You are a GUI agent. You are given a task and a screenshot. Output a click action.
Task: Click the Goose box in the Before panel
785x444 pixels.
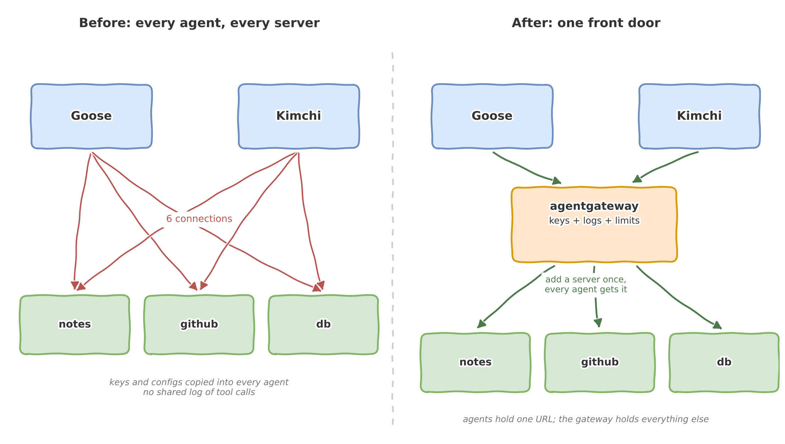(x=92, y=116)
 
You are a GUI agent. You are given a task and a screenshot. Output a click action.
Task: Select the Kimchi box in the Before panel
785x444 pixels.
(x=299, y=116)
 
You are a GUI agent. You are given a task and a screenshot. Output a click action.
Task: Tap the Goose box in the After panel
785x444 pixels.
(x=493, y=116)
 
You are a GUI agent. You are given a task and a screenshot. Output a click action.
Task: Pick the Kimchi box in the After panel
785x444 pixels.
(x=700, y=116)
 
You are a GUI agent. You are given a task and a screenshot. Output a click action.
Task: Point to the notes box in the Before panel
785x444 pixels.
(x=75, y=325)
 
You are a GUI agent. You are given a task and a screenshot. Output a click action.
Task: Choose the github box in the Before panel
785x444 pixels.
(x=199, y=325)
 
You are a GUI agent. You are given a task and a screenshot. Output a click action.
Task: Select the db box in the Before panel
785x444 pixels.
(x=323, y=325)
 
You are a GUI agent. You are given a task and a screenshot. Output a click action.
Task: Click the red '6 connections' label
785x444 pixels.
(x=199, y=219)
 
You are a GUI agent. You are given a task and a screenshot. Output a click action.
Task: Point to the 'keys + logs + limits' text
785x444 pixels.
(x=594, y=221)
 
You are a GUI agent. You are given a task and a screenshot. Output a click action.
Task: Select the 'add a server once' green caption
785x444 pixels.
(x=586, y=279)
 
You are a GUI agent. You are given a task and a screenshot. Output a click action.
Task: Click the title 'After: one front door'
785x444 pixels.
(x=586, y=23)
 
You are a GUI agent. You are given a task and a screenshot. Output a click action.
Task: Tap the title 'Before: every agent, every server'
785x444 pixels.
(x=199, y=23)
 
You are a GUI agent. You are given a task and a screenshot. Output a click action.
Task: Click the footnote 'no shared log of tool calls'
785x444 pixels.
(x=199, y=392)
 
